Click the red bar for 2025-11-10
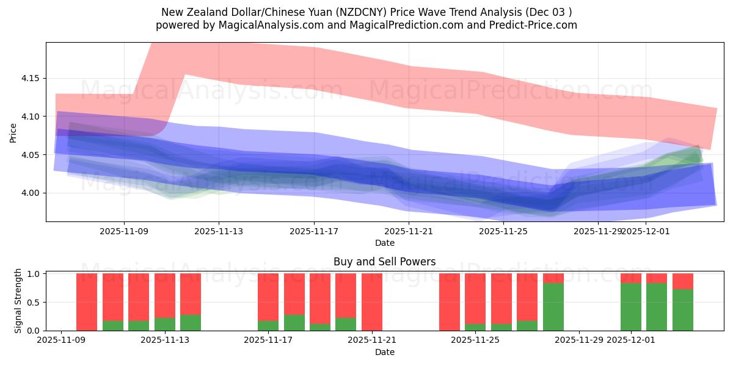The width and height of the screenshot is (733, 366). click(x=87, y=302)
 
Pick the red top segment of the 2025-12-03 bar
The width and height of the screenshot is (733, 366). click(x=683, y=281)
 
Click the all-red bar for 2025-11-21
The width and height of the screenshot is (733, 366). click(x=372, y=302)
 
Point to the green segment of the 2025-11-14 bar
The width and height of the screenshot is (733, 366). click(x=191, y=323)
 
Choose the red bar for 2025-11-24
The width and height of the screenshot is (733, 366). click(x=450, y=302)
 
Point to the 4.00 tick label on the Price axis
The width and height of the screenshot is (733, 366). click(x=29, y=193)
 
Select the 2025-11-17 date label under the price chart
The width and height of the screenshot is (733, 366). click(x=314, y=231)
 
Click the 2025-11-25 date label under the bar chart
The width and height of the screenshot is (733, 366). click(x=475, y=340)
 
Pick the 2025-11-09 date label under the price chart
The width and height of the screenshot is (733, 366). click(x=124, y=231)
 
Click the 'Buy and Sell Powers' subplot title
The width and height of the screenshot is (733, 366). click(x=385, y=262)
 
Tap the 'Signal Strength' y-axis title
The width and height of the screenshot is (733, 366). click(x=18, y=301)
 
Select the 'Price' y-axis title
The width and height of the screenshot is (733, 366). click(x=13, y=132)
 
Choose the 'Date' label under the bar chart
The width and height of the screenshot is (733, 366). click(x=385, y=352)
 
